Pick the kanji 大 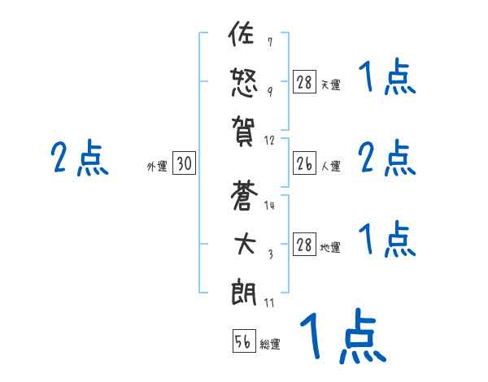244,244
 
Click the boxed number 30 184,164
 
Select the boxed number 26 304,164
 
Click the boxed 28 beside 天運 304,83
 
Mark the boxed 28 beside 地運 304,245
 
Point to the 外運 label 157,167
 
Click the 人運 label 331,167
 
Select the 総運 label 270,345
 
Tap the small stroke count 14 269,206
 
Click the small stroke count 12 269,140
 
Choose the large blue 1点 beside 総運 342,337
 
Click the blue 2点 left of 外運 80,158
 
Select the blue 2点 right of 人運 387,158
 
